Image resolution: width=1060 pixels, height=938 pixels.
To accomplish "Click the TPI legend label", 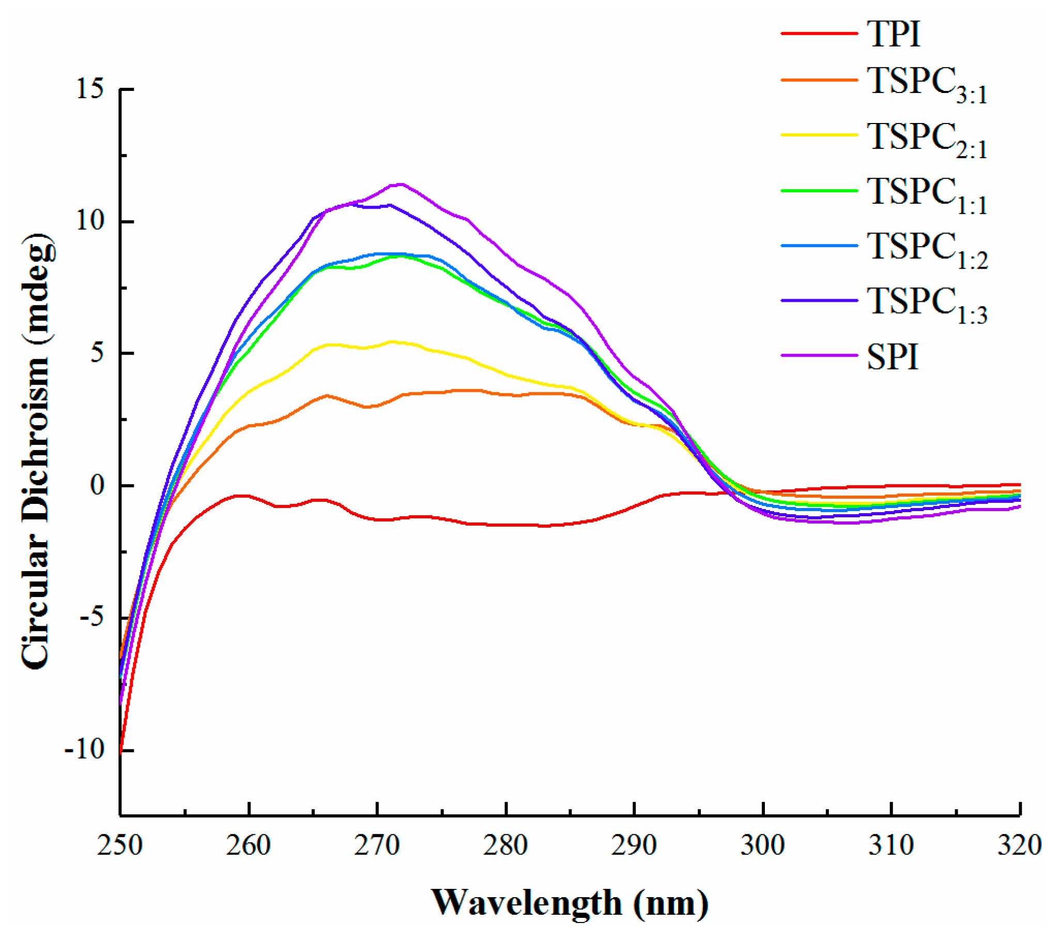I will (893, 34).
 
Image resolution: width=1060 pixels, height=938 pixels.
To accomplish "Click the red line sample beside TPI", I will (819, 34).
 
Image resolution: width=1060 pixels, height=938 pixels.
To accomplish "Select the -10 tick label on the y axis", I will (84, 750).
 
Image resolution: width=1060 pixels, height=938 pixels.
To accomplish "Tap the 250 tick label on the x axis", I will (120, 845).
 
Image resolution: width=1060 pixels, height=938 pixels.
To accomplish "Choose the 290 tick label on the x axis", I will (634, 845).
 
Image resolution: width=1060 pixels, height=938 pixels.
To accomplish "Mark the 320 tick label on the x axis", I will (1020, 845).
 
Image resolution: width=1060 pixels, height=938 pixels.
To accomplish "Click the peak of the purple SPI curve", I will (401, 184).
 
